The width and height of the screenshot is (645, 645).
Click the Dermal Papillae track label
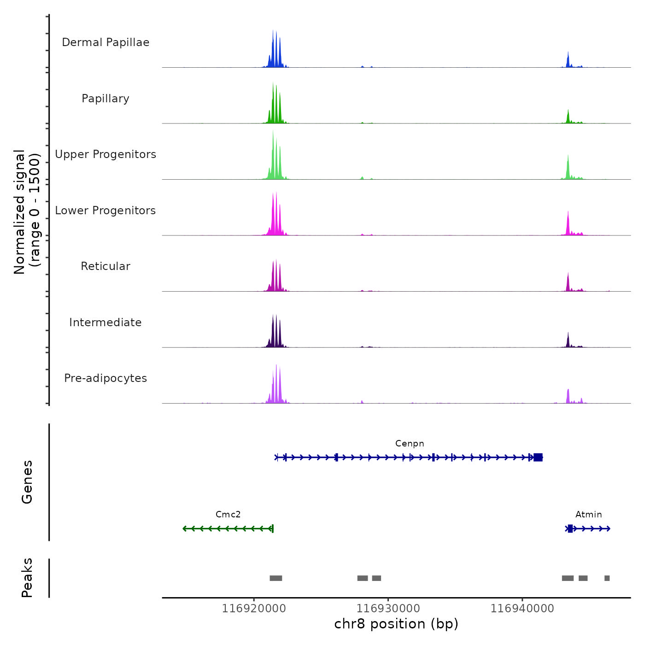106,42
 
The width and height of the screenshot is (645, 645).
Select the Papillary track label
106,99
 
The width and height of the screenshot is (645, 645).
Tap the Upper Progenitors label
106,154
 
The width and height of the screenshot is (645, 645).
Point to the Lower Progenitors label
106,211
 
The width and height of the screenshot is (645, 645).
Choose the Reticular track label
106,266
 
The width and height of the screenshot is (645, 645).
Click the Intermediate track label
106,322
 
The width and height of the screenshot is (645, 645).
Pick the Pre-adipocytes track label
106,378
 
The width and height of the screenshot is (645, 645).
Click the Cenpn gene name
410,444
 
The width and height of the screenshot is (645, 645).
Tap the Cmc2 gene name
228,515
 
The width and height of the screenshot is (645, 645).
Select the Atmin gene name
588,515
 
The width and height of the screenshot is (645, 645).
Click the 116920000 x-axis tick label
254,609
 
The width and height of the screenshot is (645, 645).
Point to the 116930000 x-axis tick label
388,609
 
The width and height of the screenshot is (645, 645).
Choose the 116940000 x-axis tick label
522,609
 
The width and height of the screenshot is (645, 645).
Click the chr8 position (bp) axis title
396,624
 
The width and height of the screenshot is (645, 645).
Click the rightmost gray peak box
607,578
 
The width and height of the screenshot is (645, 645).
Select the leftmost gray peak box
276,578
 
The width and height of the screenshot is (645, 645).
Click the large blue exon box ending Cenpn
538,457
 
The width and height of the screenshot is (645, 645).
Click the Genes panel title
27,482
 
